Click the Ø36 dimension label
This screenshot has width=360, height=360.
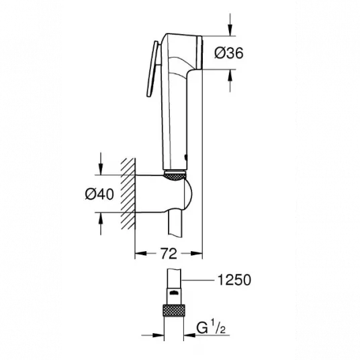click(x=228, y=53)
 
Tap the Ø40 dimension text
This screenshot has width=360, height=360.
click(x=99, y=194)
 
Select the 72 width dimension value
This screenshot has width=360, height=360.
click(x=169, y=253)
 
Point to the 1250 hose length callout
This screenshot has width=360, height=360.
click(x=234, y=280)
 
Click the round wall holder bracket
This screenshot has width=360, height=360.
click(x=163, y=194)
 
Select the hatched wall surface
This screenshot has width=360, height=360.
click(x=128, y=194)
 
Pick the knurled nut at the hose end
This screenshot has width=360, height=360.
click(x=173, y=310)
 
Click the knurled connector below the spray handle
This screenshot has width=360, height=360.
click(x=175, y=176)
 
